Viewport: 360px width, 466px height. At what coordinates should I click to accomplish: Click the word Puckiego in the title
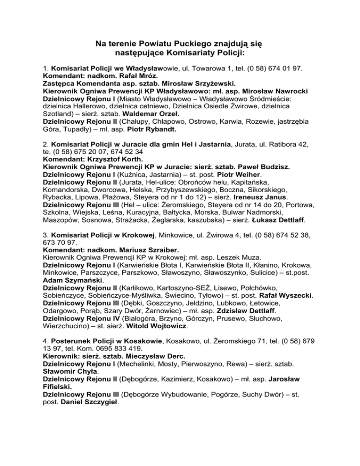(187, 44)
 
